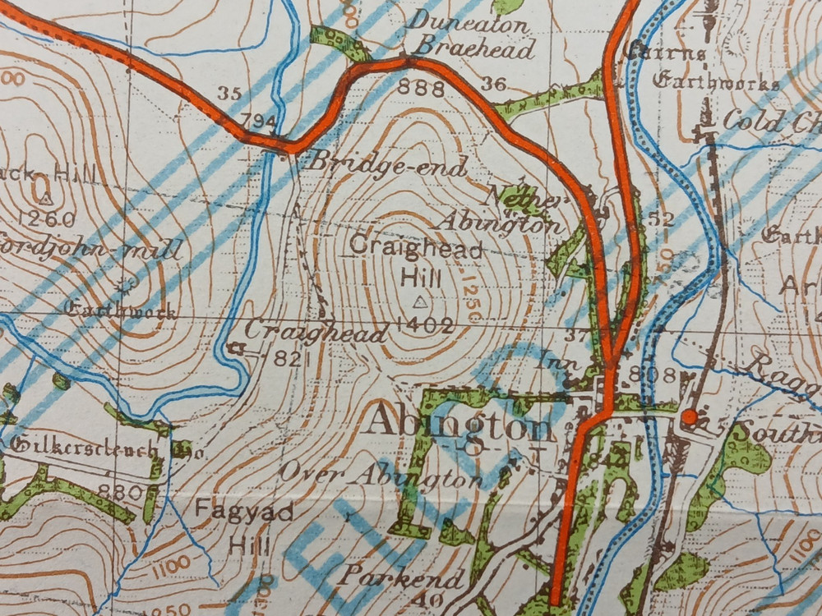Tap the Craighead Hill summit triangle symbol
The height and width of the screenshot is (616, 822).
click(x=420, y=301)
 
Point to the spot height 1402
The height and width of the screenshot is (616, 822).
click(x=424, y=326)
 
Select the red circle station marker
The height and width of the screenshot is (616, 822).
click(x=690, y=417)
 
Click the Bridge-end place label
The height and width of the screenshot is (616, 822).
click(x=386, y=163)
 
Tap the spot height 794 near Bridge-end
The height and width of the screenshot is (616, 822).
click(x=259, y=122)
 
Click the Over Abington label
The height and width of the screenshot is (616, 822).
click(x=380, y=475)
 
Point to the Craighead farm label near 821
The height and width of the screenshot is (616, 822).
click(x=315, y=333)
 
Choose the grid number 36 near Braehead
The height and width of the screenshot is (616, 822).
click(x=494, y=83)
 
